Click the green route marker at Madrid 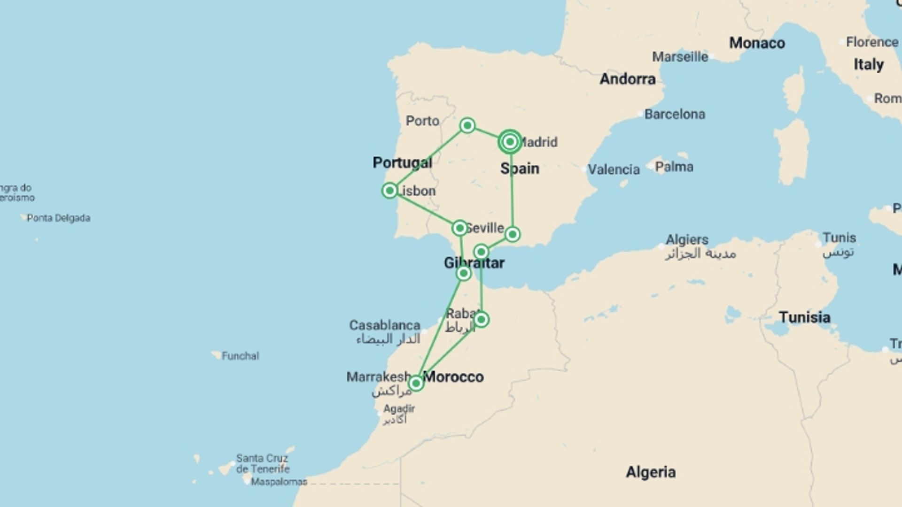point(510,141)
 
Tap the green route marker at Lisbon point(389,191)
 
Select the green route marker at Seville point(459,228)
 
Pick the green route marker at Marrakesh point(416,384)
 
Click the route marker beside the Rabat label point(481,320)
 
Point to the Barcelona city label point(674,114)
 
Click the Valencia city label point(614,169)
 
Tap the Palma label point(674,167)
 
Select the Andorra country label point(627,79)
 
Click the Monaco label point(757,43)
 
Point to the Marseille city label point(680,57)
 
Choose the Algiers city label point(687,239)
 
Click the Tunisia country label point(804,317)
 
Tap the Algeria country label point(651,472)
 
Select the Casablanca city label point(384,325)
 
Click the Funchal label point(240,356)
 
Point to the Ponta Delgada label point(58,218)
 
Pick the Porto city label point(422,121)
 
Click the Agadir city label point(399,408)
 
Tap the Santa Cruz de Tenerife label point(263,463)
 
